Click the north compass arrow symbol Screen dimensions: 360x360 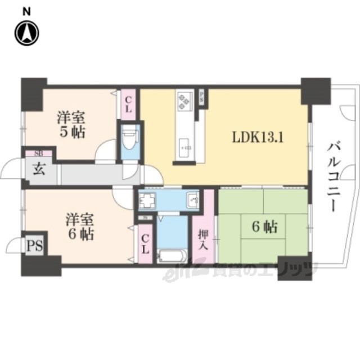tap(27, 33)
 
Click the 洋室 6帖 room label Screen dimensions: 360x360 tap(71, 226)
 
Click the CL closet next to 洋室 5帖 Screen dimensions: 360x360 tap(128, 104)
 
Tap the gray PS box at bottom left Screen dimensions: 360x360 tap(34, 245)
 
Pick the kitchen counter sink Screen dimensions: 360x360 tap(184, 148)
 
